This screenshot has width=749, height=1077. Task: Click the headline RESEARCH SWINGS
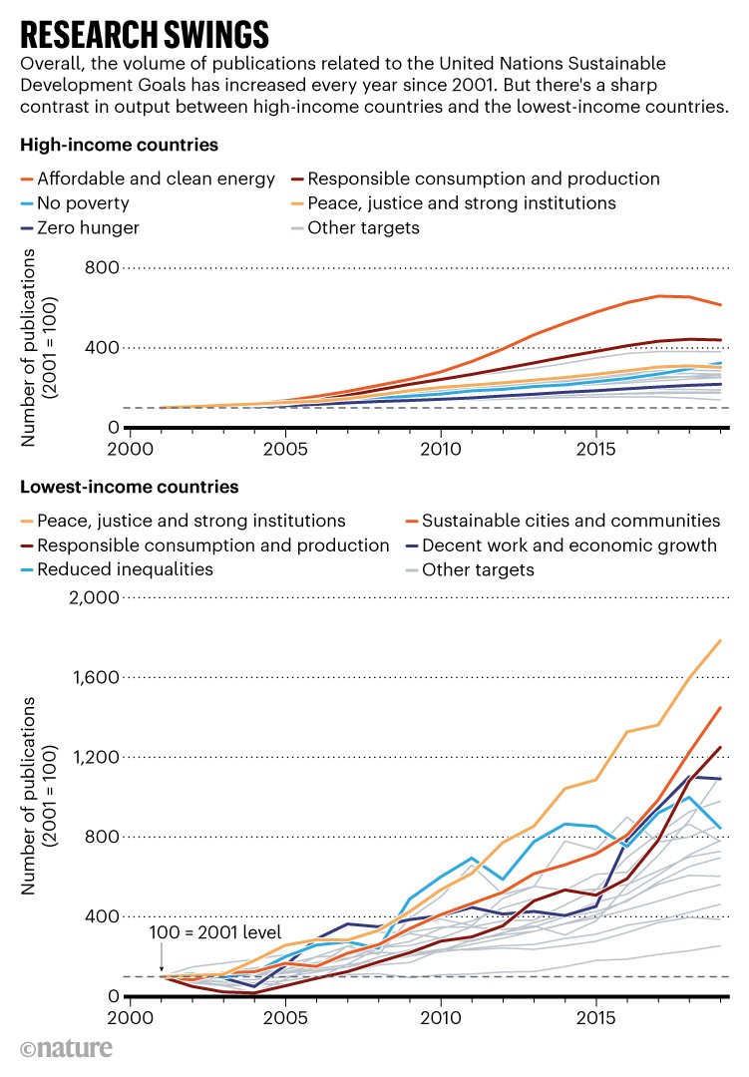tap(145, 33)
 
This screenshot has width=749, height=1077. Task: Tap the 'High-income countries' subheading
tap(119, 146)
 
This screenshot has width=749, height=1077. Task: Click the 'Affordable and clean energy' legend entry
tap(155, 179)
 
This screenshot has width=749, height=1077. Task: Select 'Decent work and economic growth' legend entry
tap(569, 545)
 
